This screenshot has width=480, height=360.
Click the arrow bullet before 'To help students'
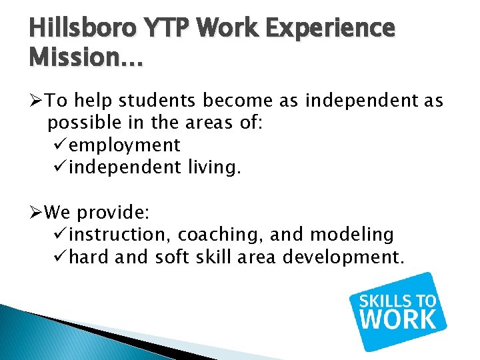(37, 101)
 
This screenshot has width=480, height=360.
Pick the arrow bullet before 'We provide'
(37, 213)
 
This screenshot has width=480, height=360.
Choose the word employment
(125, 145)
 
